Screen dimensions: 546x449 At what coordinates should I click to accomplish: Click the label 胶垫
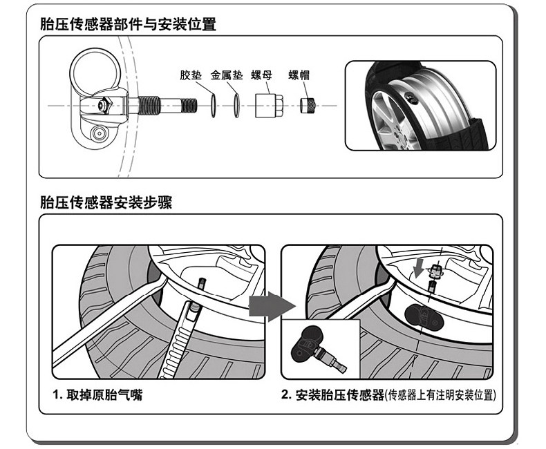(191, 75)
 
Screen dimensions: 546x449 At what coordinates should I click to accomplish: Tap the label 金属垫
(227, 75)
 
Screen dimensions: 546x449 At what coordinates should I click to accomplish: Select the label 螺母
(262, 75)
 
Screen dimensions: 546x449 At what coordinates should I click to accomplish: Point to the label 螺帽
(299, 75)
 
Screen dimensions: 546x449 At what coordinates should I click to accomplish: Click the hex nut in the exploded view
(268, 106)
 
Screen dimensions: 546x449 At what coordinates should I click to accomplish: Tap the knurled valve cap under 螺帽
(308, 106)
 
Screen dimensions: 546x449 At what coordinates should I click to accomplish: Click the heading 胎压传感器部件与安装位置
(128, 24)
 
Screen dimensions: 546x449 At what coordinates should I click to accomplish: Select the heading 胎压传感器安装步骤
(106, 202)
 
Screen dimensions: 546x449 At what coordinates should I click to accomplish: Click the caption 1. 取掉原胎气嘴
(98, 394)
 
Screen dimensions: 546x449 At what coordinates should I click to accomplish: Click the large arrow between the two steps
(272, 306)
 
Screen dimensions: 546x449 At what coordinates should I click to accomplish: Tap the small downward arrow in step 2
(418, 267)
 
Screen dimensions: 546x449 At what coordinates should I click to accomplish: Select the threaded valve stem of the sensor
(162, 106)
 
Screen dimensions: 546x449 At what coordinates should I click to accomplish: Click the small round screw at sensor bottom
(100, 133)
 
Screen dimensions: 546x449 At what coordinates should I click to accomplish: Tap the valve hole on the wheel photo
(413, 99)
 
